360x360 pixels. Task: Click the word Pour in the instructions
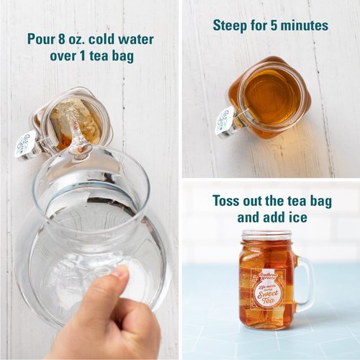coord(40,39)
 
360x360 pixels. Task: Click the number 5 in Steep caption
coord(274,26)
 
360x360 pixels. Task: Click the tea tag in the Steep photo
coord(225,120)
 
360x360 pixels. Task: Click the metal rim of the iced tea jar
coord(266,236)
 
